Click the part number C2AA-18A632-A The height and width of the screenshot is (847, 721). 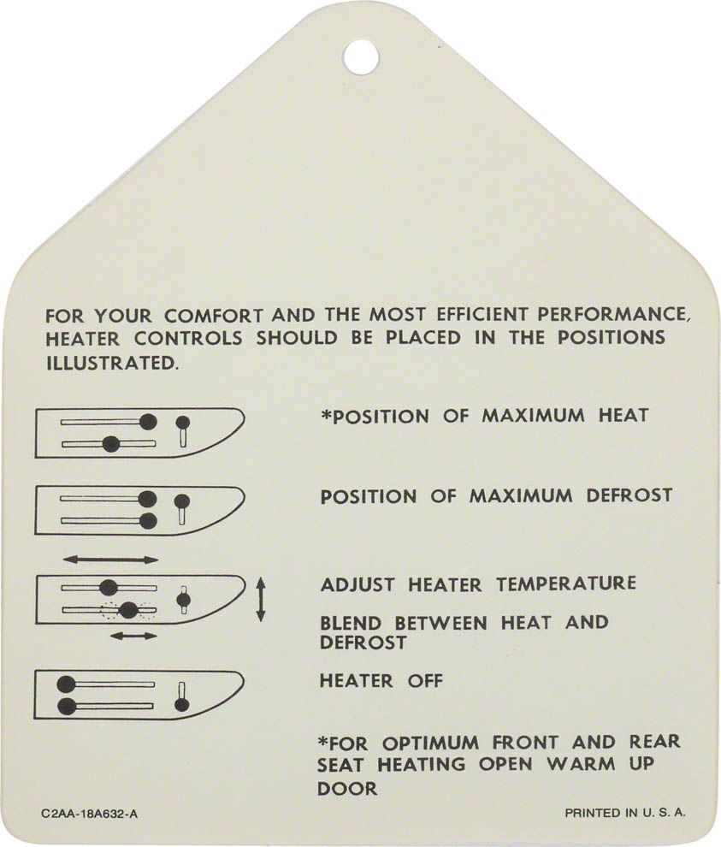89,814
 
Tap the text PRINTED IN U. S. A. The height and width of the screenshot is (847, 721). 625,813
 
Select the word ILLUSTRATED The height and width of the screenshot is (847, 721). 112,363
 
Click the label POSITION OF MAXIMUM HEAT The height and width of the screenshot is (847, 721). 484,416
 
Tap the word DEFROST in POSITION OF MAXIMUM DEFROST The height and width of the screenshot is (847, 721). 629,495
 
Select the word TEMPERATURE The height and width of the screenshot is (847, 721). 566,584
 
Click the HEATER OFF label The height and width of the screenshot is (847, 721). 381,681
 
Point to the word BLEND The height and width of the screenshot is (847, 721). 351,623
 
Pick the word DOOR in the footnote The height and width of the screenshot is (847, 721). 347,789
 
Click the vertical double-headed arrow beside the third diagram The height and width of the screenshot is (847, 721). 260,599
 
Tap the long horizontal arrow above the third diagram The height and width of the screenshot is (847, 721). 110,560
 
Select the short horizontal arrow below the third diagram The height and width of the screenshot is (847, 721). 133,636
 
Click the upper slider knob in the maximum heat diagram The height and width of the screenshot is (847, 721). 148,421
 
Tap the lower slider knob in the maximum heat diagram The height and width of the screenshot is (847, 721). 110,444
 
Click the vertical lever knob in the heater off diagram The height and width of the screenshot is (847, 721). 182,704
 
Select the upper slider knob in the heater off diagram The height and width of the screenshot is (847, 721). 67,684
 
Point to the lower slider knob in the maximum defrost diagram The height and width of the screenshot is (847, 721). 147,521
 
